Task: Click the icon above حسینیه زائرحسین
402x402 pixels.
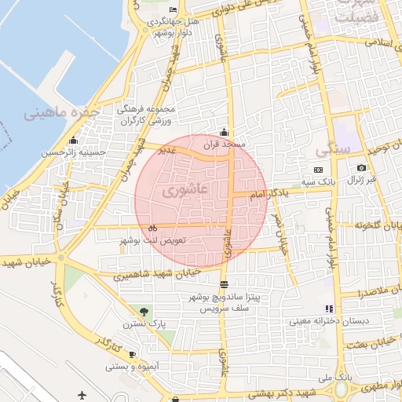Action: (x=73, y=141)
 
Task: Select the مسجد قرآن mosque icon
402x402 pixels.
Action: (x=224, y=132)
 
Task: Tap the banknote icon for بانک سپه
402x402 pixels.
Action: (x=318, y=170)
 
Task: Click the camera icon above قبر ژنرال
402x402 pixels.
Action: (x=361, y=167)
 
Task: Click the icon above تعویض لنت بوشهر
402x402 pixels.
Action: (x=152, y=228)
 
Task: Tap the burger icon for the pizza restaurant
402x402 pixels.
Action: (x=225, y=283)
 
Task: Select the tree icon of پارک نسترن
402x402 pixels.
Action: (x=142, y=312)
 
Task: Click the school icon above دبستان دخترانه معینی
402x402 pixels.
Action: (x=329, y=309)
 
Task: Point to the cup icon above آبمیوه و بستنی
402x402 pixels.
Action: (x=131, y=355)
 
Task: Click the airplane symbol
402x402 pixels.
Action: (x=83, y=394)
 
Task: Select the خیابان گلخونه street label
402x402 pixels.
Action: (x=373, y=226)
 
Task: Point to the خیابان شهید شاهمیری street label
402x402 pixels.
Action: (x=156, y=274)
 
